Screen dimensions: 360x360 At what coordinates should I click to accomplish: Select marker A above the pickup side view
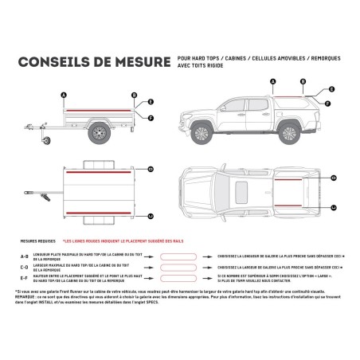273,82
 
